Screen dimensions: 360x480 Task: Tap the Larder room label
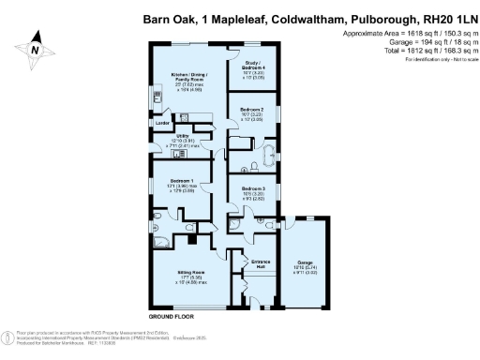(162, 124)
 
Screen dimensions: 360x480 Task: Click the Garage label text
(305, 262)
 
